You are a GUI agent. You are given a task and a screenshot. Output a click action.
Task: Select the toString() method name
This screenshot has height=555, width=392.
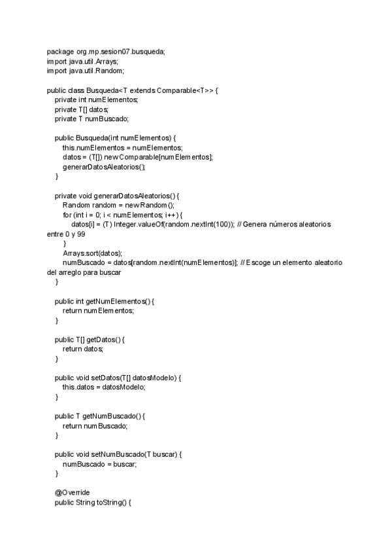click(114, 503)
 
